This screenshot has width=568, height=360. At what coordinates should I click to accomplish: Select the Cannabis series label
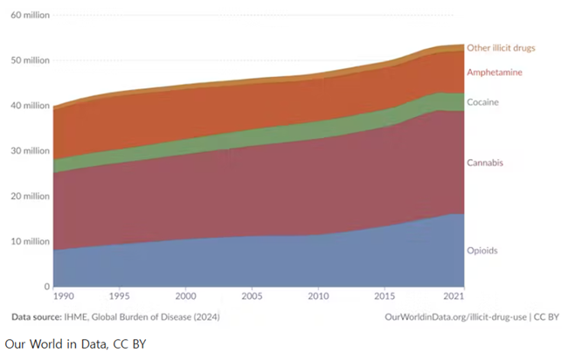(x=485, y=163)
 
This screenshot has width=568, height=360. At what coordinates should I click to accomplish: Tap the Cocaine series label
(x=483, y=102)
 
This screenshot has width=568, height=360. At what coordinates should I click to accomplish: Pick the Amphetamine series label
(x=494, y=73)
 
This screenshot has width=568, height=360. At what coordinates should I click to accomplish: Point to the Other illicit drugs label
(x=501, y=48)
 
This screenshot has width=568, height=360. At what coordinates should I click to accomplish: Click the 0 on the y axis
(x=47, y=287)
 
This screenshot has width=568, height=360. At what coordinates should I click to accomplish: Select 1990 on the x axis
(x=65, y=297)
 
